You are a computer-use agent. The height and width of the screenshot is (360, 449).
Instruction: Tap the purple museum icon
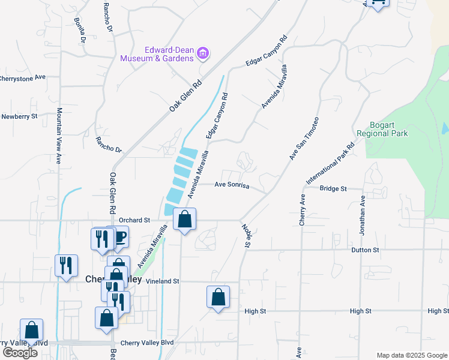click(x=203, y=54)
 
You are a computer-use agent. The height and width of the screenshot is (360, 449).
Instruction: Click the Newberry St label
click(x=19, y=116)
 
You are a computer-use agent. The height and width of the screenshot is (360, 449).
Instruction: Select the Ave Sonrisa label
click(x=232, y=185)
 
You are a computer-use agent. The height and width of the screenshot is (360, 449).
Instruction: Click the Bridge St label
click(x=333, y=188)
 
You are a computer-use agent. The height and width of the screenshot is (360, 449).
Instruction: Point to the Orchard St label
click(x=134, y=220)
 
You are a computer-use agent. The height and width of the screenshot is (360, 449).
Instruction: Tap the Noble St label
click(x=246, y=235)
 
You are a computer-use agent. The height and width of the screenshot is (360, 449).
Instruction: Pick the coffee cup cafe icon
click(x=120, y=236)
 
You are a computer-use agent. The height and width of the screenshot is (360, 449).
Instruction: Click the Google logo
click(x=20, y=353)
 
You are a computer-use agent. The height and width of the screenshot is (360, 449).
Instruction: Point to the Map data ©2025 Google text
click(x=411, y=355)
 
